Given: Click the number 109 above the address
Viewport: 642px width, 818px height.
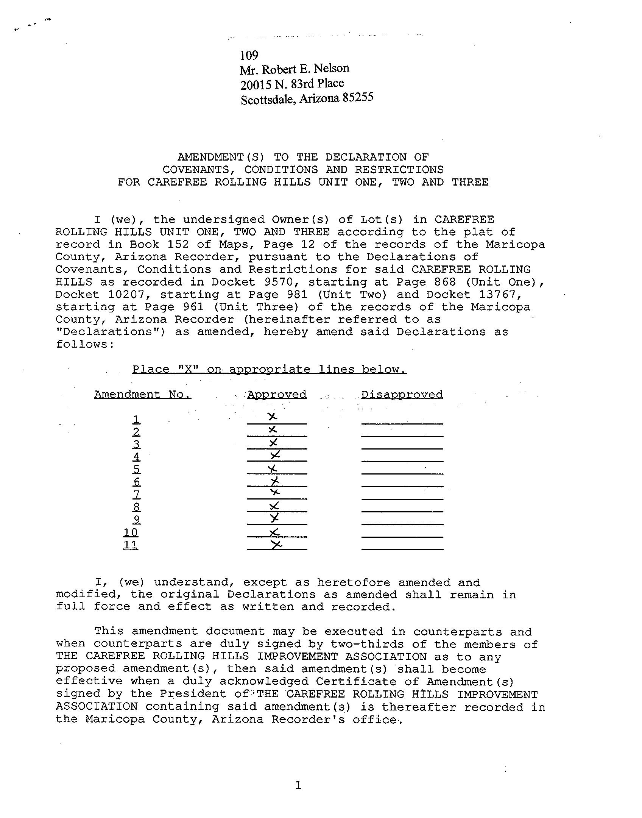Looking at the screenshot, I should tap(249, 55).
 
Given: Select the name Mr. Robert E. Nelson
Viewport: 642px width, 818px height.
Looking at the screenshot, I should tap(294, 69).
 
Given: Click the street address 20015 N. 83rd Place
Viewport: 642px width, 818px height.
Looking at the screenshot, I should tap(292, 84).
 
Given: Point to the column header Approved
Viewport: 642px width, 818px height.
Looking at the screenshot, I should tap(277, 395).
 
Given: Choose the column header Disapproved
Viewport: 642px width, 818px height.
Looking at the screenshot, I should tap(402, 395).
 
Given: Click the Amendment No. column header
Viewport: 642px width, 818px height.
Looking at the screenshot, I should tap(143, 395).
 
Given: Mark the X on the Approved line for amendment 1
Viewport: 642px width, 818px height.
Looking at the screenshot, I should tap(272, 417).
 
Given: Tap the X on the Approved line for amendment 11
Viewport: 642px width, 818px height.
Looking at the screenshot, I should tap(276, 544).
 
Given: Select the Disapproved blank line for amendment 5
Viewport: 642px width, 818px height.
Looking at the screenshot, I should tap(402, 473).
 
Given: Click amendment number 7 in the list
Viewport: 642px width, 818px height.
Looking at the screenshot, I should tap(136, 494).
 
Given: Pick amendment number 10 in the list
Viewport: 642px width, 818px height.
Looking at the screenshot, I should tap(131, 532).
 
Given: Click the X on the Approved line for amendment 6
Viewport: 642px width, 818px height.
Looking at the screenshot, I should tap(275, 481).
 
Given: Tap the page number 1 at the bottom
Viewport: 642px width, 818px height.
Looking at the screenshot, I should tap(298, 785).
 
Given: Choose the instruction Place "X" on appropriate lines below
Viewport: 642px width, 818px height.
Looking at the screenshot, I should tap(269, 369).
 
